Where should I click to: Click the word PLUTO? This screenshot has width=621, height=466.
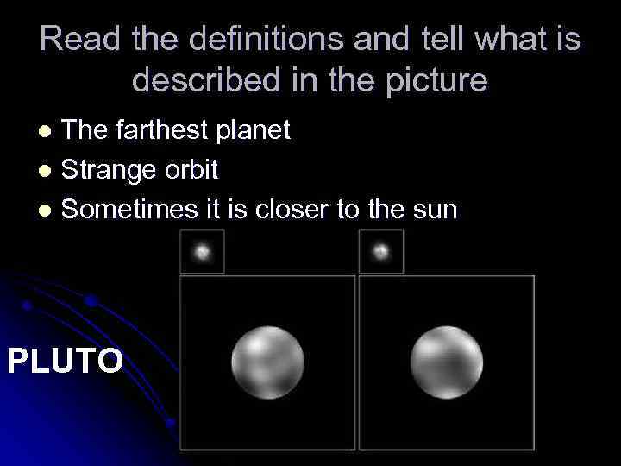pyautogui.click(x=66, y=360)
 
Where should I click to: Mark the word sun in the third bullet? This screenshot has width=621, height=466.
pyautogui.click(x=432, y=209)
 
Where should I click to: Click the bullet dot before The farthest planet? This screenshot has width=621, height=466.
pyautogui.click(x=48, y=132)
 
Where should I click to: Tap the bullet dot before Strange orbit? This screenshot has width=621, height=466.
pyautogui.click(x=48, y=171)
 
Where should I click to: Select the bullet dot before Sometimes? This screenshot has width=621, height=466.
pyautogui.click(x=48, y=210)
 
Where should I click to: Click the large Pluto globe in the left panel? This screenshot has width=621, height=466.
pyautogui.click(x=267, y=362)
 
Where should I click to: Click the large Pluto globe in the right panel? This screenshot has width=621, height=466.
pyautogui.click(x=446, y=362)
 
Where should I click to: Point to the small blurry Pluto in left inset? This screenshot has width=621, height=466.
pyautogui.click(x=202, y=252)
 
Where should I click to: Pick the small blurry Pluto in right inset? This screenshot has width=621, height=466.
pyautogui.click(x=380, y=252)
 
